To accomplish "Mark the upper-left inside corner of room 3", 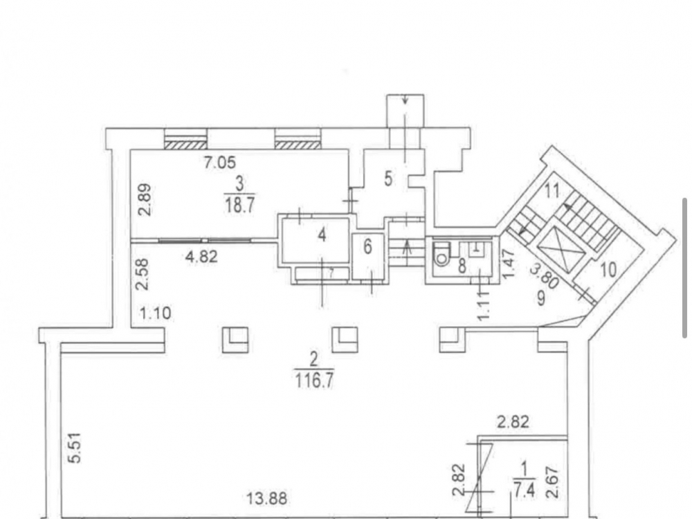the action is [131, 150].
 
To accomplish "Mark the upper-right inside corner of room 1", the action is [566, 440].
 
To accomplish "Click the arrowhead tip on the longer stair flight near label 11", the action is [565, 206].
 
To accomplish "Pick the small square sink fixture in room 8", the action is [476, 249].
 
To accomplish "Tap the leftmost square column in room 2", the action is [235, 340].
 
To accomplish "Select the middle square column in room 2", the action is [345, 340].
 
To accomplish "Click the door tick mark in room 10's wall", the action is [585, 293].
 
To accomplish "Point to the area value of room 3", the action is [239, 205].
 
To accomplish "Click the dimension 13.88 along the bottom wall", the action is [268, 499].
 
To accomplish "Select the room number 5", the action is [388, 179].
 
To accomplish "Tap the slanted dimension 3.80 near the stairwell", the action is [544, 276].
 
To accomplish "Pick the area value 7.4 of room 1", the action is [525, 490].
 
